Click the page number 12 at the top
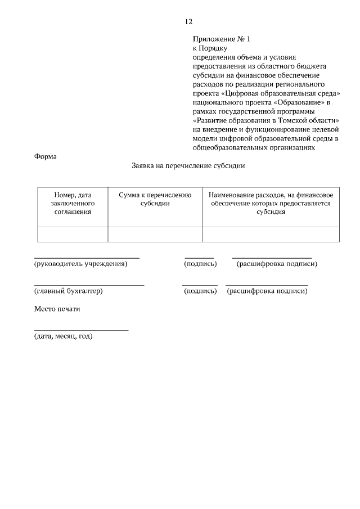point(188,22)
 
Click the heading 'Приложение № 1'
point(220,39)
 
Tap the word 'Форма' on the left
point(46,156)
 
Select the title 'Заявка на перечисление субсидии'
point(188,166)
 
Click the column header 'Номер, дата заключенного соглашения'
point(73,204)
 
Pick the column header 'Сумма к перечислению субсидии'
point(155,199)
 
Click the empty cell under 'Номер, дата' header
point(73,235)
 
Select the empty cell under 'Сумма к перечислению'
point(155,235)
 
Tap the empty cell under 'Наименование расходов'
point(271,235)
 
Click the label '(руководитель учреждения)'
point(81,264)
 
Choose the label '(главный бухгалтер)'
point(69,291)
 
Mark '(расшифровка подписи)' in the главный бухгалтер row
point(267,291)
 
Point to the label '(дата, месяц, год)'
point(63,336)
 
